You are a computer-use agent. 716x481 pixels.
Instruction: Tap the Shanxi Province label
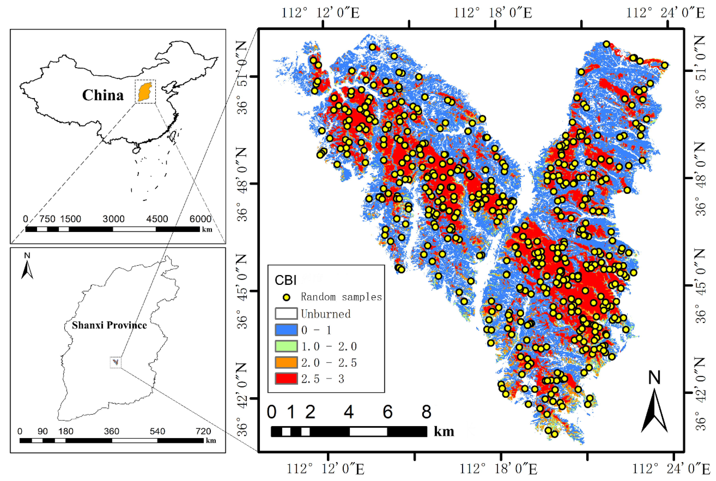109,325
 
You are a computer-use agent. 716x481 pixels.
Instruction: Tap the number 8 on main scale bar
426,412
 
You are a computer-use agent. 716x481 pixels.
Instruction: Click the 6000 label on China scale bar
200,219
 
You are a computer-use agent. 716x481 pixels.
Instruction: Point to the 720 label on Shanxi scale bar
203,431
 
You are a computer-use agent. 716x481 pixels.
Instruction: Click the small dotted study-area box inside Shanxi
116,363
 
